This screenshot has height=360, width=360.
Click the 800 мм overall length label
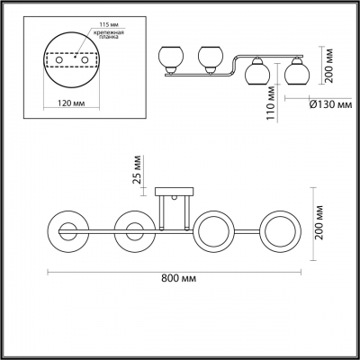point(178,280)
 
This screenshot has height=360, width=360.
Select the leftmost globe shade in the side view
point(172,58)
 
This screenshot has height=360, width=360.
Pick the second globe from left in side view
point(211,58)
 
